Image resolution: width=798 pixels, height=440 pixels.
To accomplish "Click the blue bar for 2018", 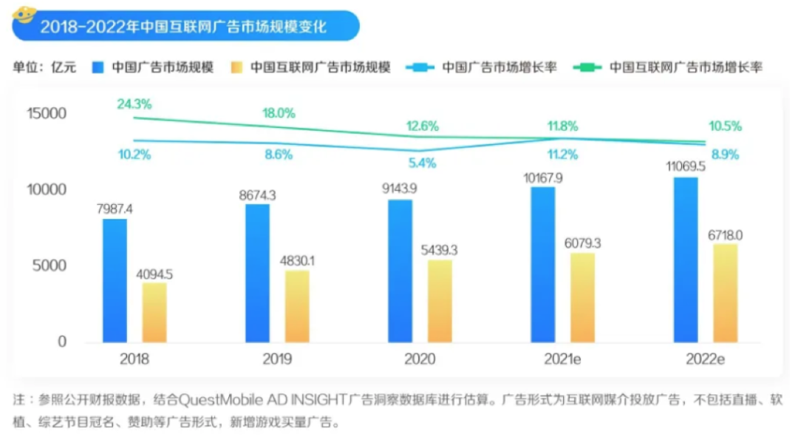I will pyautogui.click(x=114, y=281).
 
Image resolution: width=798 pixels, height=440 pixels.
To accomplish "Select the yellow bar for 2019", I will pyautogui.click(x=298, y=306).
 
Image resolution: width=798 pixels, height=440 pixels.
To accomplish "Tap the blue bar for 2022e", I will pyautogui.click(x=686, y=260).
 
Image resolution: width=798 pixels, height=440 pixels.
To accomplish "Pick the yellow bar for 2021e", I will pyautogui.click(x=583, y=297).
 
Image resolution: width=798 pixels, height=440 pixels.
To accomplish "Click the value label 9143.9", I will pyautogui.click(x=400, y=189).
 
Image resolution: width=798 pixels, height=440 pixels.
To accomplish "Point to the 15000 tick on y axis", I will pyautogui.click(x=47, y=113).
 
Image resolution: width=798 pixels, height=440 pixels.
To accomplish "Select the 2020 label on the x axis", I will pyautogui.click(x=420, y=360).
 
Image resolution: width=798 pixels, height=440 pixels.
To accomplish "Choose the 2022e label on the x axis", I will pyautogui.click(x=704, y=360).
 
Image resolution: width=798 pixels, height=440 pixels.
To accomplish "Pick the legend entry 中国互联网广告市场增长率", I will pyautogui.click(x=686, y=67).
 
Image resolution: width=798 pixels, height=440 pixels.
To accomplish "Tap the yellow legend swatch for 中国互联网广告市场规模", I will pyautogui.click(x=236, y=67).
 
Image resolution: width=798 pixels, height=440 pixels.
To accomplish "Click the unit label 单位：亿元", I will pyautogui.click(x=44, y=67).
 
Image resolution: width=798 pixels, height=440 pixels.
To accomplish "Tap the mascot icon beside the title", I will pyautogui.click(x=25, y=15).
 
